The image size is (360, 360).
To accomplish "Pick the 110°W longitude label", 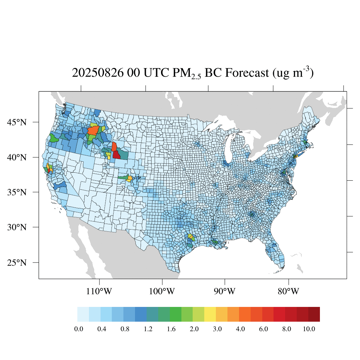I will (99, 291).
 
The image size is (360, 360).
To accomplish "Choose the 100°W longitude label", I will (162, 291).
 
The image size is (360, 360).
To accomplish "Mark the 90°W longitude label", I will (225, 291).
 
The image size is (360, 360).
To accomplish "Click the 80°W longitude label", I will (288, 291).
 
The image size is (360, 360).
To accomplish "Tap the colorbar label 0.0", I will (78, 329).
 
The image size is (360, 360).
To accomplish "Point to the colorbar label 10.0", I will (309, 329).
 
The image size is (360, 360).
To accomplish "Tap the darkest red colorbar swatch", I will (314, 314).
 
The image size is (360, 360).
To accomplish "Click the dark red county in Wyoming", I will (117, 154).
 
